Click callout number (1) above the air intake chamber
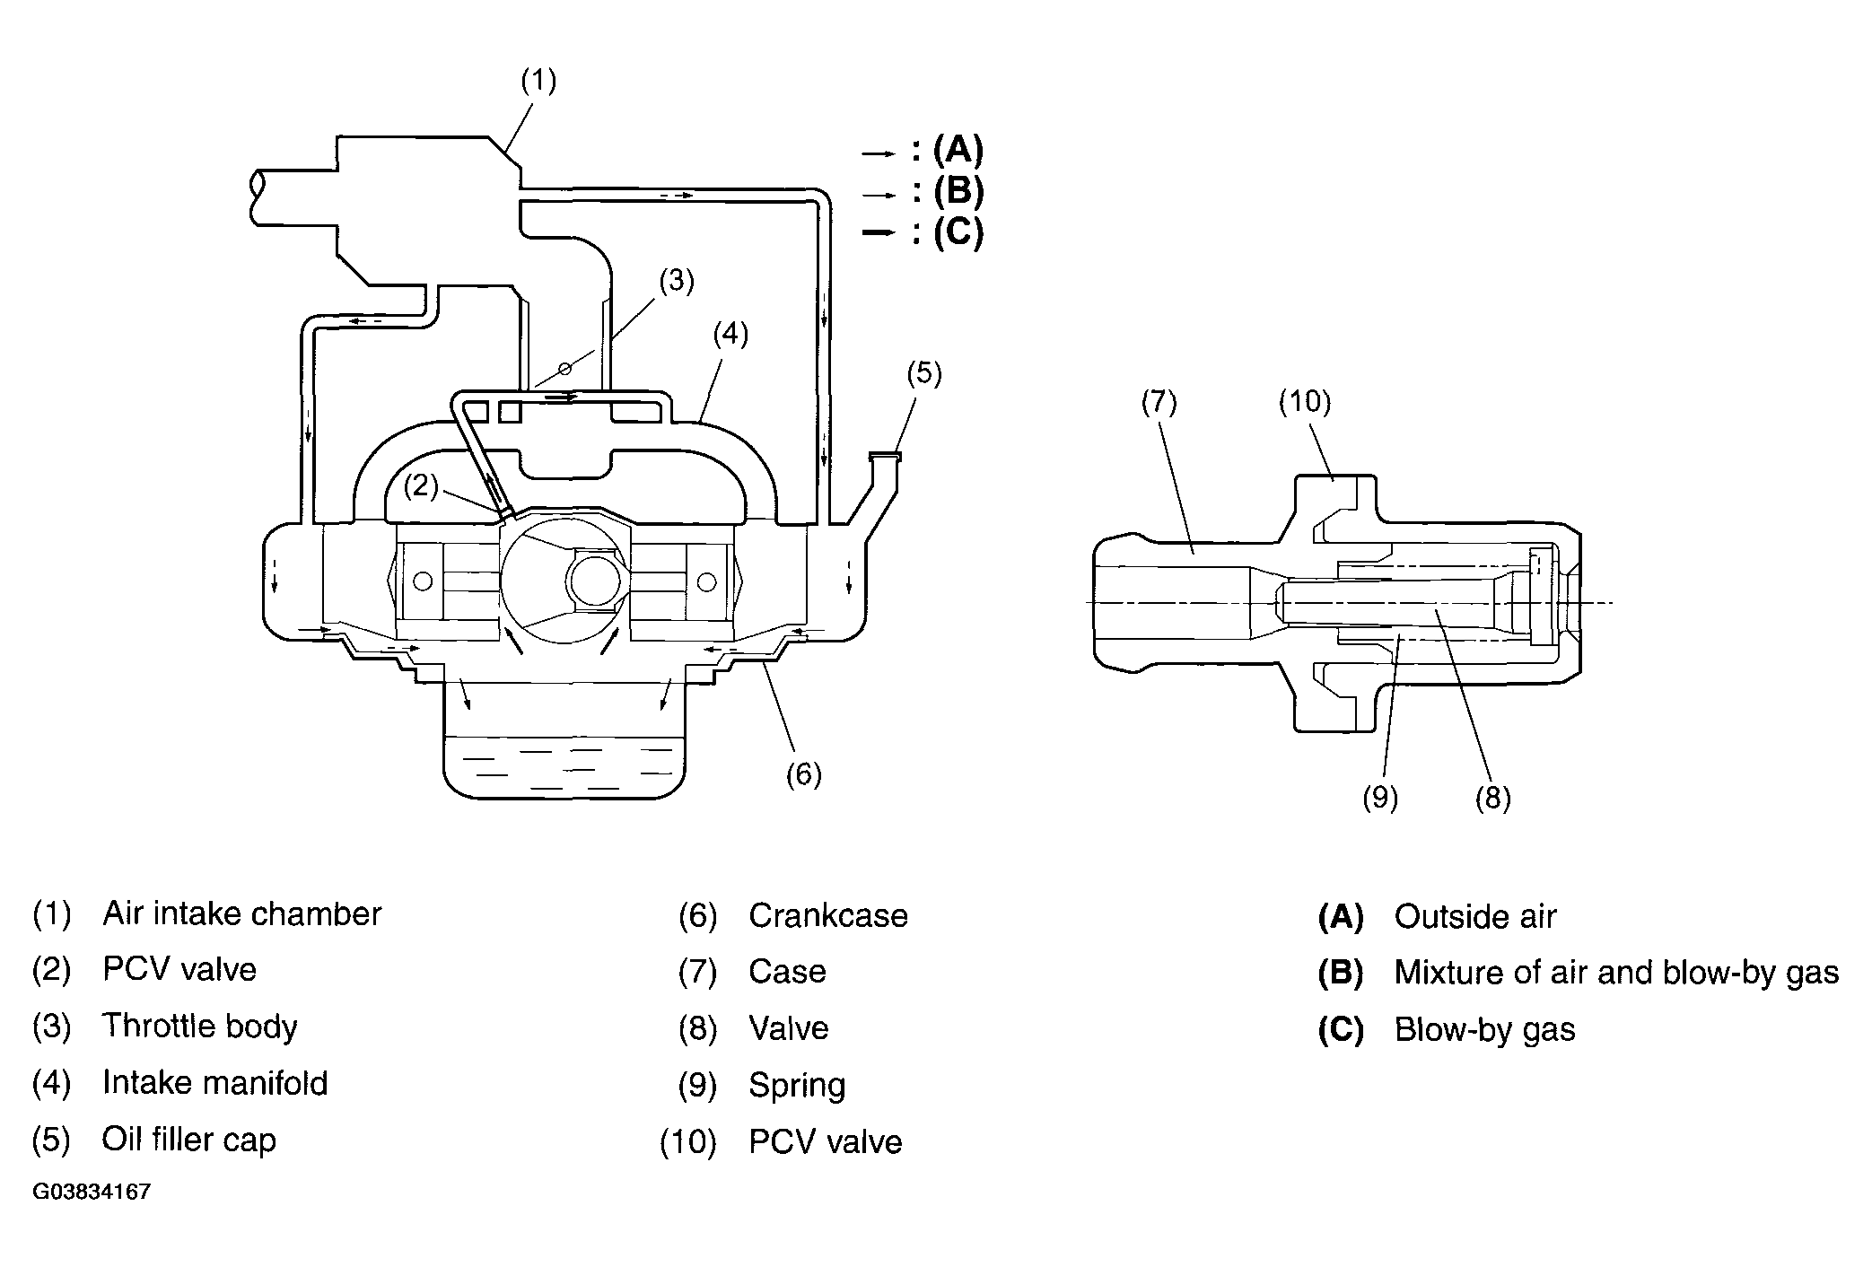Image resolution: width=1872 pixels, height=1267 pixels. (538, 82)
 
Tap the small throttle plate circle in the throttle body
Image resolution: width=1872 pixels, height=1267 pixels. (564, 368)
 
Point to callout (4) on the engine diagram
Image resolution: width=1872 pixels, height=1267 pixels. (730, 335)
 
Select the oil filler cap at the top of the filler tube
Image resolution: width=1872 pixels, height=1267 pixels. (885, 458)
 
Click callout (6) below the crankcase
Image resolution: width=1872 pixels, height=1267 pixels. (803, 774)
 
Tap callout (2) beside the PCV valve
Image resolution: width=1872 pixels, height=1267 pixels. (421, 486)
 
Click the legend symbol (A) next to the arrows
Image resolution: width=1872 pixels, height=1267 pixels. (958, 150)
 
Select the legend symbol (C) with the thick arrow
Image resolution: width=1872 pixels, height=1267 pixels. (958, 232)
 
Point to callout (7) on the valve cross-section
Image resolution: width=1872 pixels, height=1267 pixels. (1159, 403)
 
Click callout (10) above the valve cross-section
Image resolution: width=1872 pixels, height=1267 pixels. (1305, 402)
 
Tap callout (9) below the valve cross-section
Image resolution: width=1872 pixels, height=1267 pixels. (1380, 798)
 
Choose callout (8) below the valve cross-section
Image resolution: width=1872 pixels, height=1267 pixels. (1493, 798)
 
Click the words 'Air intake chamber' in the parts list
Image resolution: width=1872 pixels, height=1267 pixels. (242, 913)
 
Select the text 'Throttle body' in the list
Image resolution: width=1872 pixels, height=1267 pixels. (199, 1026)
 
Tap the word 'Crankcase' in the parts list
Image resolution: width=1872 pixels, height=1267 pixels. (828, 915)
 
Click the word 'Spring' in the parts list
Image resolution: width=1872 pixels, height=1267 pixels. (798, 1086)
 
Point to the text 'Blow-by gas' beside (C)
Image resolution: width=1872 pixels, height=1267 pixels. (1485, 1030)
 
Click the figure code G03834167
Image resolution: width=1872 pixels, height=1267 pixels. (92, 1192)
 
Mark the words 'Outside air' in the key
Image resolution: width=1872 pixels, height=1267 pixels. (1475, 916)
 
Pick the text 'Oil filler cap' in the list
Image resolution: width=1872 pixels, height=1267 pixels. (189, 1140)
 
